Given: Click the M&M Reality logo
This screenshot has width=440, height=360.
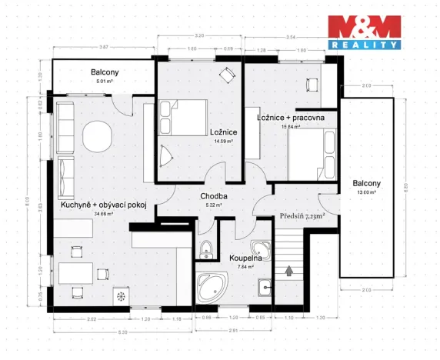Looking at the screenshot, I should point(365,32).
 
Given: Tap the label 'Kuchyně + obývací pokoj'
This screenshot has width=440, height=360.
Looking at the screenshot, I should point(103,205).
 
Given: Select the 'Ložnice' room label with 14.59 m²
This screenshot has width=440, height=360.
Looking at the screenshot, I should point(222,132).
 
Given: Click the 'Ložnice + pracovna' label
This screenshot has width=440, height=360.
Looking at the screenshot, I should point(290,117).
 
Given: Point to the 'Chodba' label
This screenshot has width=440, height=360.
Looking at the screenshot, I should point(213,196).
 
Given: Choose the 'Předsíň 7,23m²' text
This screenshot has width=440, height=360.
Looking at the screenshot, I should point(302,217).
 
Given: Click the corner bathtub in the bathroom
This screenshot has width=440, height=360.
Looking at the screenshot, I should point(210,286).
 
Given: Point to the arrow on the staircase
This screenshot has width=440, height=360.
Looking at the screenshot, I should point(289,270).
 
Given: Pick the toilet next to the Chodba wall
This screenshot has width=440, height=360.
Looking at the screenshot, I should point(205,248).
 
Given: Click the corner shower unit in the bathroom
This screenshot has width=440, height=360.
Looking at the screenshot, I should point(262,250).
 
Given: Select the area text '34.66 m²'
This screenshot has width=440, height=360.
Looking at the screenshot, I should point(103,214).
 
